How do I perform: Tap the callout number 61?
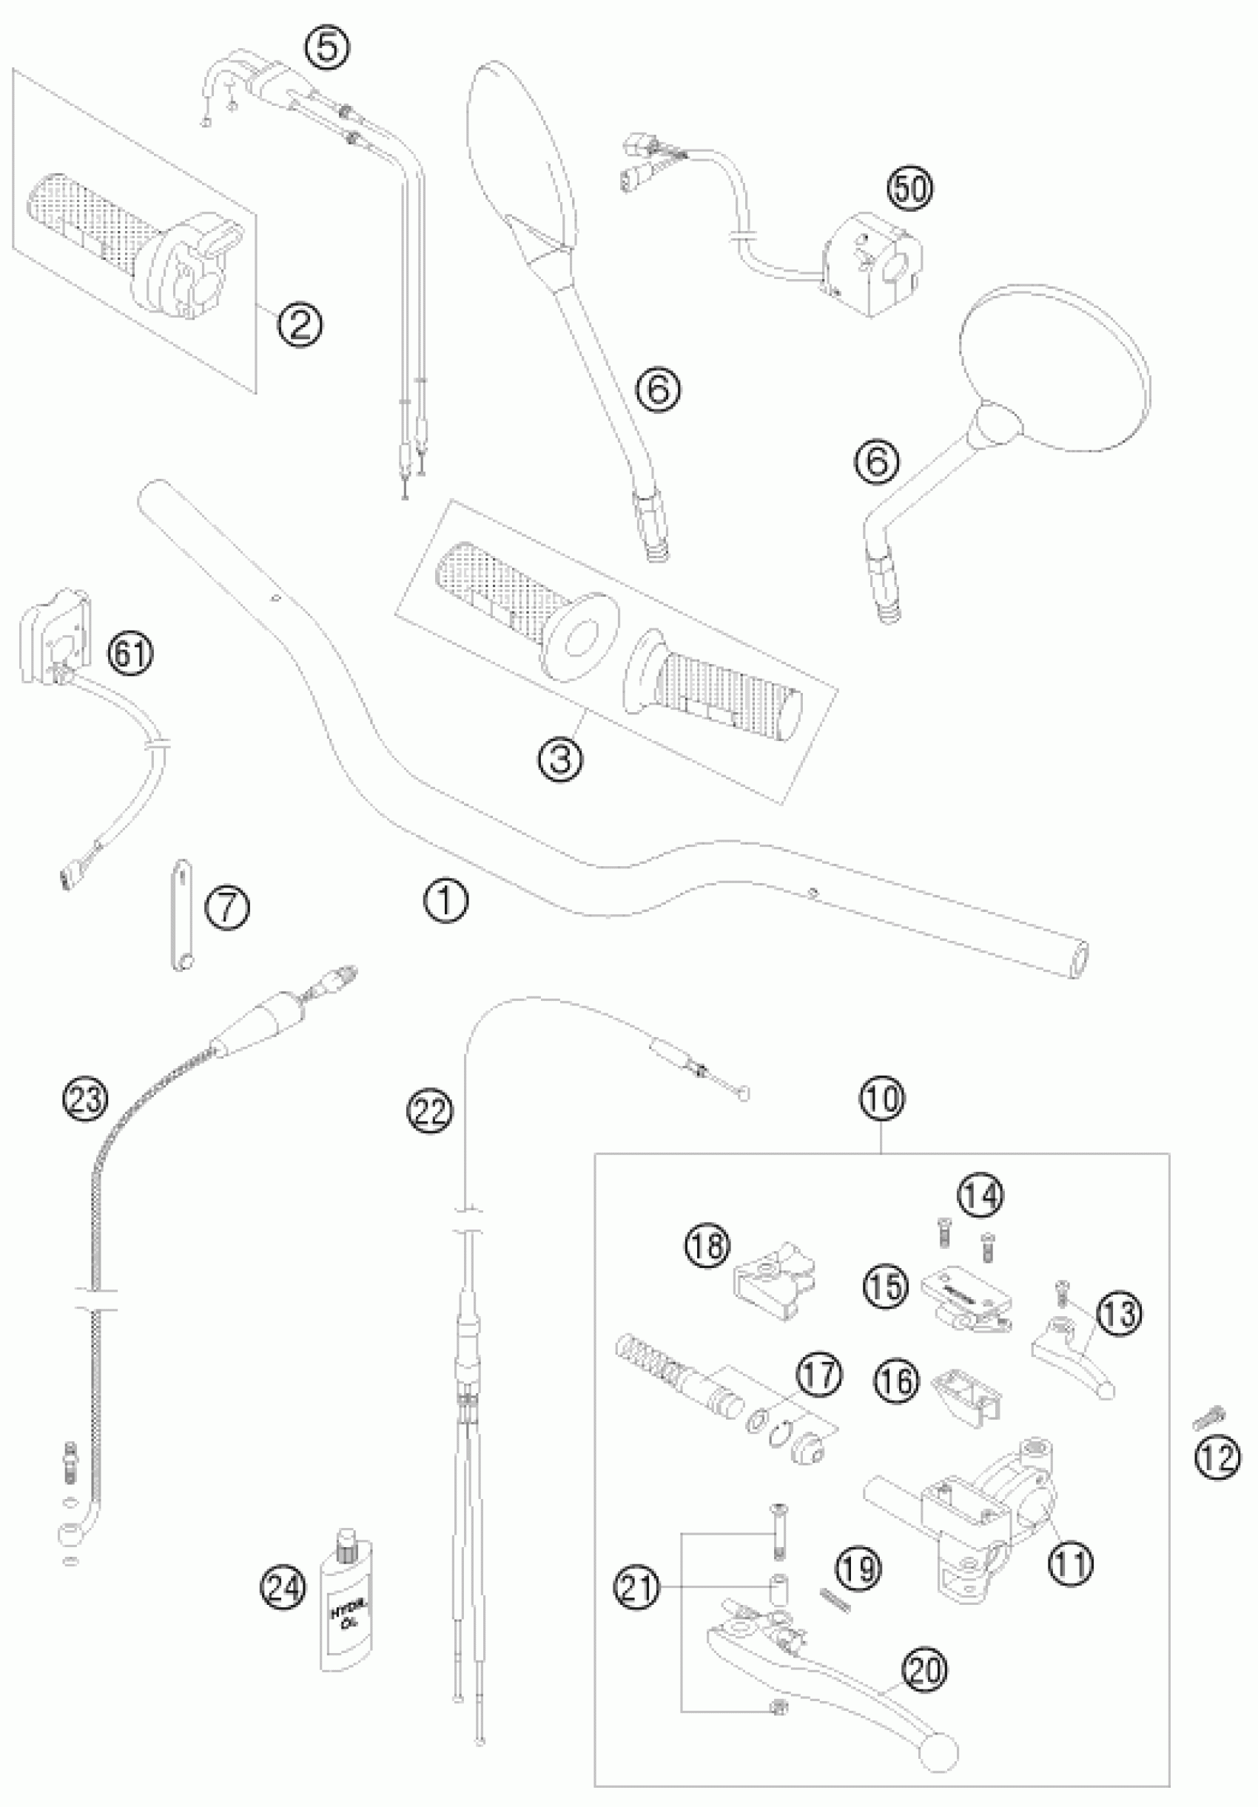[x=130, y=653]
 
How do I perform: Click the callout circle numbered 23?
[x=85, y=1099]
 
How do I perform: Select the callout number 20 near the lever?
[x=925, y=1669]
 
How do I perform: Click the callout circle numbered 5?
[x=328, y=47]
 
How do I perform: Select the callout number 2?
[x=300, y=323]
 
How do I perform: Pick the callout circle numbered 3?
[x=561, y=760]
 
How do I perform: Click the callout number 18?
[x=708, y=1247]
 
